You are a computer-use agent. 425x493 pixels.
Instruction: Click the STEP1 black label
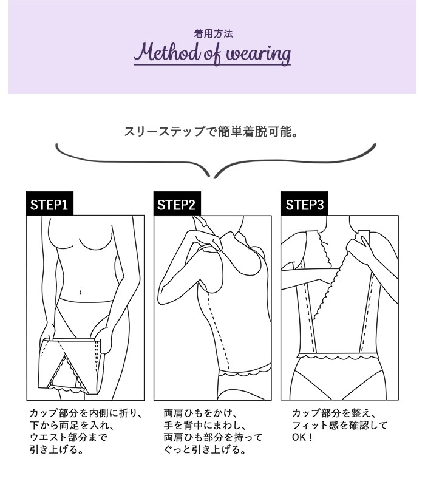[x=49, y=203]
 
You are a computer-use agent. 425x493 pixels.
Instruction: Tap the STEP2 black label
[x=177, y=203]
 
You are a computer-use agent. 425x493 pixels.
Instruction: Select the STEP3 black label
[x=304, y=203]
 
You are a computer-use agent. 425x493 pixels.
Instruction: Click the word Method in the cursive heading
[x=167, y=52]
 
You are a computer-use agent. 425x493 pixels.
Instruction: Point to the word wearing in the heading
[x=259, y=55]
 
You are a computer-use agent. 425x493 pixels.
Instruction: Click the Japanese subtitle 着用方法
[x=213, y=33]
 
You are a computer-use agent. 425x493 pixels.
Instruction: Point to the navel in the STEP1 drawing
[x=81, y=293]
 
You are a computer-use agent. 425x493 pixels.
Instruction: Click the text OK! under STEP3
[x=302, y=438]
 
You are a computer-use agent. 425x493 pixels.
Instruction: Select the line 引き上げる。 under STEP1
[x=57, y=450]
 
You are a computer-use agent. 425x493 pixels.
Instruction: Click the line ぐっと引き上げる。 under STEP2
[x=205, y=450]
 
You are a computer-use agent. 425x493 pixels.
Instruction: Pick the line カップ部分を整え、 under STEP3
[x=333, y=413]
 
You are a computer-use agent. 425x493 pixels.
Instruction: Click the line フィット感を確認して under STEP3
[x=339, y=426]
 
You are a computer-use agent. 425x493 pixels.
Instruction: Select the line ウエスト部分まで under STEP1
[x=69, y=438]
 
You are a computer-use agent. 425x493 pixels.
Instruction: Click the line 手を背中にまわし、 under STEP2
[x=205, y=426]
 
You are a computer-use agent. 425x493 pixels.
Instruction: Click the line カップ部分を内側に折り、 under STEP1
[x=86, y=413]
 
